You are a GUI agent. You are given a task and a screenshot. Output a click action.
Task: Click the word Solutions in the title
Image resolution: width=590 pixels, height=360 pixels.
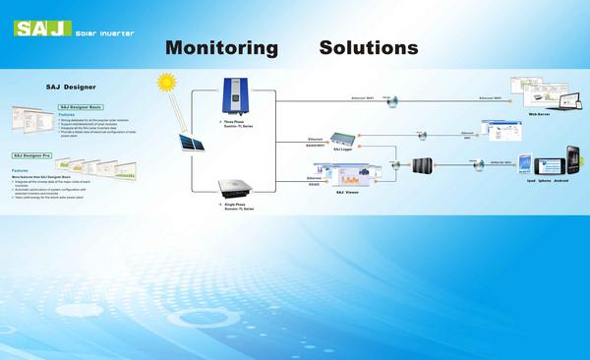pyautogui.click(x=369, y=47)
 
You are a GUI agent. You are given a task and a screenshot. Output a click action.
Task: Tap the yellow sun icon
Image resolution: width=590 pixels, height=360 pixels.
pyautogui.click(x=165, y=84)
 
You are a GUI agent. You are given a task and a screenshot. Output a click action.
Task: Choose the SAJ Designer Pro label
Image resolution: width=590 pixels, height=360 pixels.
pyautogui.click(x=32, y=155)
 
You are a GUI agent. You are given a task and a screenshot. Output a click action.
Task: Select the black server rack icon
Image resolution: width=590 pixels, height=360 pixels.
pyautogui.click(x=424, y=165)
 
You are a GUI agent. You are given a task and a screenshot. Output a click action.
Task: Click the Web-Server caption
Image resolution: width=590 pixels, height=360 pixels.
pyautogui.click(x=538, y=114)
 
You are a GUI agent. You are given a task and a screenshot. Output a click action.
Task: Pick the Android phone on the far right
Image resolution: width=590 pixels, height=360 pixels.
pyautogui.click(x=571, y=161)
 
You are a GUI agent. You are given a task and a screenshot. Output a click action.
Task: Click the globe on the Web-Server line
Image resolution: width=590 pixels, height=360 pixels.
pyautogui.click(x=389, y=97)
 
